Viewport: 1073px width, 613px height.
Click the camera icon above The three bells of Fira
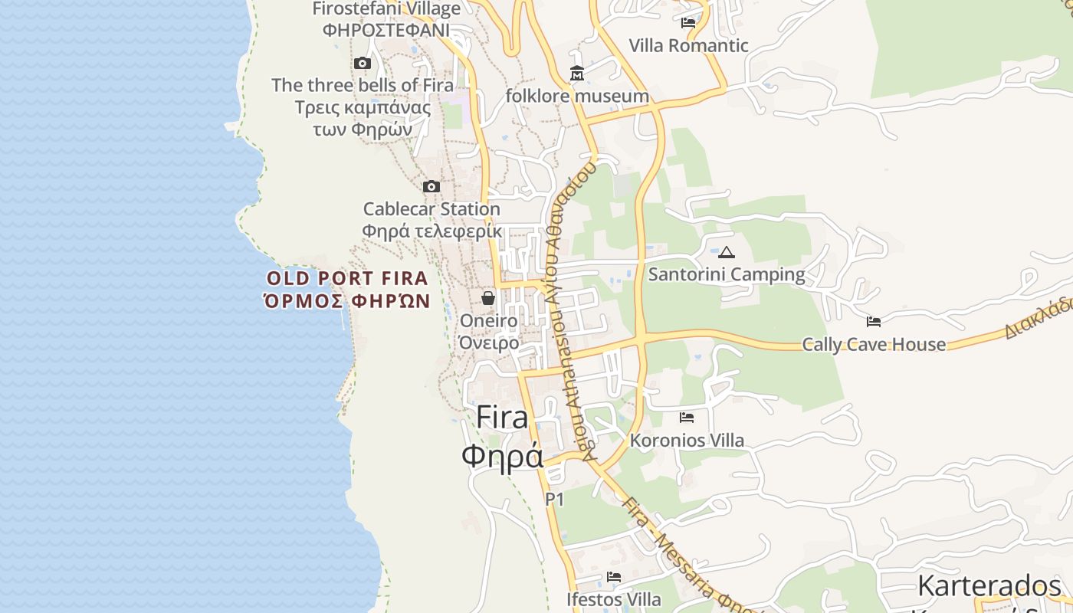point(363,64)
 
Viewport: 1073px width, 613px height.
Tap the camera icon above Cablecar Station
point(431,186)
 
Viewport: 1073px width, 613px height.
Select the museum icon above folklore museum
point(576,74)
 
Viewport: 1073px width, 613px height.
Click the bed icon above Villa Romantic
point(688,23)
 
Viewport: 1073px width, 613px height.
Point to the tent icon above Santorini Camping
point(726,252)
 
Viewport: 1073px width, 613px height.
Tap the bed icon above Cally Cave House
point(874,322)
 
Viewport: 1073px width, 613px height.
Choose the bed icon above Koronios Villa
point(687,418)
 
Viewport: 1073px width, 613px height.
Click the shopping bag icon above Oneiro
point(488,298)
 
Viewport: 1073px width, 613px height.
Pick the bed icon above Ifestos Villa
point(613,577)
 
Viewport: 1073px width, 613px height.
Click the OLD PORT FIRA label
point(347,278)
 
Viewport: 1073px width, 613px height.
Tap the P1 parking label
point(554,500)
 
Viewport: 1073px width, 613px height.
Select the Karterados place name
point(989,586)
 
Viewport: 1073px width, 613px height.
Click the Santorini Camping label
point(727,274)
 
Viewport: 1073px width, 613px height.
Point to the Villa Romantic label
point(688,45)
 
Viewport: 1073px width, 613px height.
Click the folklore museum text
point(577,97)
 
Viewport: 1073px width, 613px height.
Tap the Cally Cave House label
point(874,344)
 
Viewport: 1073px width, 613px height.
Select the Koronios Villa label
point(687,441)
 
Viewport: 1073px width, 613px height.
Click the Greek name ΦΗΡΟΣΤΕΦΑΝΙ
point(386,30)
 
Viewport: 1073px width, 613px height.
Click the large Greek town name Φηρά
point(502,457)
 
